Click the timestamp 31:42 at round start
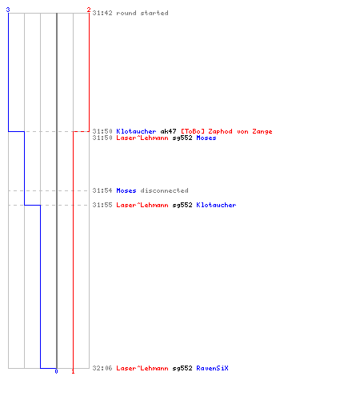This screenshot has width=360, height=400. coord(102,13)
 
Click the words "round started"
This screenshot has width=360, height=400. coord(142,13)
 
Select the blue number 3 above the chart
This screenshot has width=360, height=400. coord(8,10)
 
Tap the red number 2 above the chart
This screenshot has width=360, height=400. coord(89,10)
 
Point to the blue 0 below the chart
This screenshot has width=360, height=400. coord(56,371)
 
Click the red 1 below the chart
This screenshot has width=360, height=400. coord(73,371)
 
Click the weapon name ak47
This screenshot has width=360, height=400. coord(168,131)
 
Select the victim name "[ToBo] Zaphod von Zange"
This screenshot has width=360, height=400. coord(226,131)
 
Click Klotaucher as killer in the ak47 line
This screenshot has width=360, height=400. coord(136,131)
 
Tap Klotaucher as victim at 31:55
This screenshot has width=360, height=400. coord(216,205)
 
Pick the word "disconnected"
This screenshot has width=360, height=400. coord(164,190)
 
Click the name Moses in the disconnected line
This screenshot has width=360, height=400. coord(126,190)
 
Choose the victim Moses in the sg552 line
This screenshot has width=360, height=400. coord(206,138)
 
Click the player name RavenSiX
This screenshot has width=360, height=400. coord(212,368)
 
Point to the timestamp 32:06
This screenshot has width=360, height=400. coord(102,368)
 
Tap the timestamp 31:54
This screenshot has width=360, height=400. coord(102,190)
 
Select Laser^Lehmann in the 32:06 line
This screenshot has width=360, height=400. coord(142,368)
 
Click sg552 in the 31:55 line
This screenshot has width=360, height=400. coord(182,205)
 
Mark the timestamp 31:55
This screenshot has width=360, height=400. coord(102,205)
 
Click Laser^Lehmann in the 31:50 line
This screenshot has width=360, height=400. coord(142,138)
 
